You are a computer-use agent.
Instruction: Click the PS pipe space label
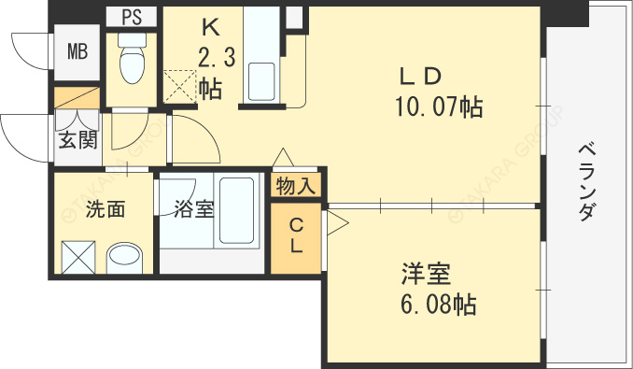[132, 17]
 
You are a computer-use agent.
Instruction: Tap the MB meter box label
[77, 51]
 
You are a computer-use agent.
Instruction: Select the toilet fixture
[132, 58]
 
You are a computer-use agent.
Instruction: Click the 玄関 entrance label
[77, 140]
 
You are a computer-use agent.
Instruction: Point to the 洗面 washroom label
[105, 209]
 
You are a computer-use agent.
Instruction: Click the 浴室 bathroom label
[194, 209]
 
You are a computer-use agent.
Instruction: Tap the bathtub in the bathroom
[236, 211]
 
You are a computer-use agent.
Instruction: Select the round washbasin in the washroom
[124, 258]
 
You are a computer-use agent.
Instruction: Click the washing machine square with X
[78, 257]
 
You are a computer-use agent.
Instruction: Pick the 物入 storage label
[296, 186]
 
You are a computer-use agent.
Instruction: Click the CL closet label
[297, 235]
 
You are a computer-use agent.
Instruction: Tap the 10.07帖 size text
[439, 107]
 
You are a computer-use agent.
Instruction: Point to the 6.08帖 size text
[439, 305]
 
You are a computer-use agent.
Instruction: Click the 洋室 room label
[426, 274]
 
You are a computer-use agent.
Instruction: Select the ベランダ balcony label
[587, 182]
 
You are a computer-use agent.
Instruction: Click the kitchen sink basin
[261, 81]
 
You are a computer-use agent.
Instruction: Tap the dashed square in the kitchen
[179, 86]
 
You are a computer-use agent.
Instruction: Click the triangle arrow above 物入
[283, 157]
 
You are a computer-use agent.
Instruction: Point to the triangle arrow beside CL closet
[338, 223]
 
